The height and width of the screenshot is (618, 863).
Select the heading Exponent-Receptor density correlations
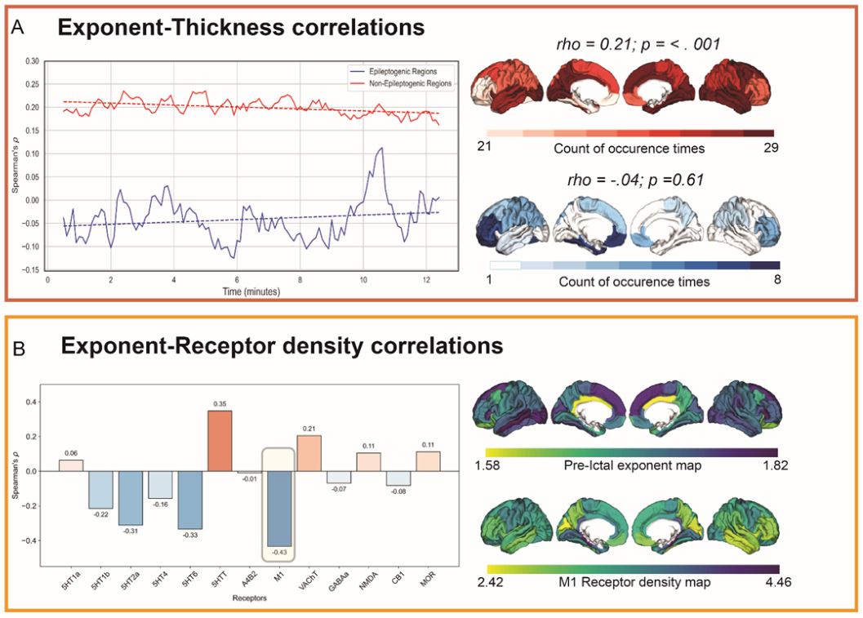click(x=282, y=346)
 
